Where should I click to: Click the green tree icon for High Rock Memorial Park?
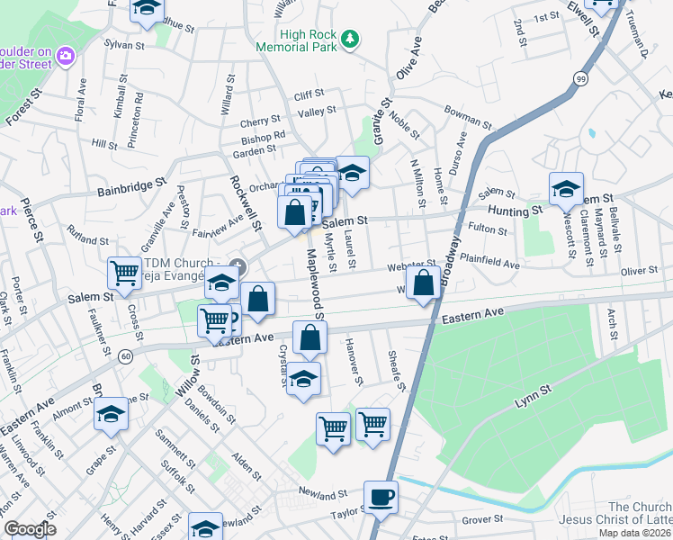click(351, 39)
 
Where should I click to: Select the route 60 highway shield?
click(124, 357)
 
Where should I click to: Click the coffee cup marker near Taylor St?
click(381, 497)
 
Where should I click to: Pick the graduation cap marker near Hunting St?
click(566, 189)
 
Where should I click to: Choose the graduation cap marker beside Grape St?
click(112, 414)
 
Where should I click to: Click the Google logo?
click(30, 529)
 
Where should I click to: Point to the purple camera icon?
click(65, 57)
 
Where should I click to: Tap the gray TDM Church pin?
click(238, 265)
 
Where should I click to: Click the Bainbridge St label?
click(133, 190)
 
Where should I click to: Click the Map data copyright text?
click(635, 533)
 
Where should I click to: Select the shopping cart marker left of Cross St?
click(123, 273)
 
